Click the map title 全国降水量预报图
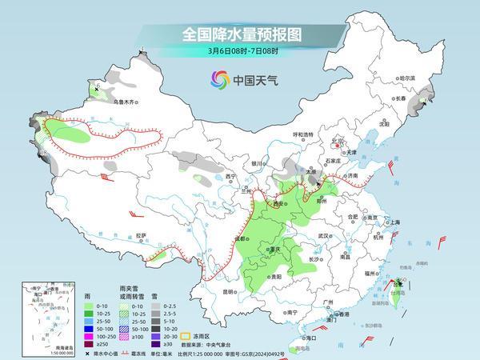pos(239,35)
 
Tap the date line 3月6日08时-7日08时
pos(239,53)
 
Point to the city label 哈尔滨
pos(407,78)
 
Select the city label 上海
pos(393,222)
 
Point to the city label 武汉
pos(323,236)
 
